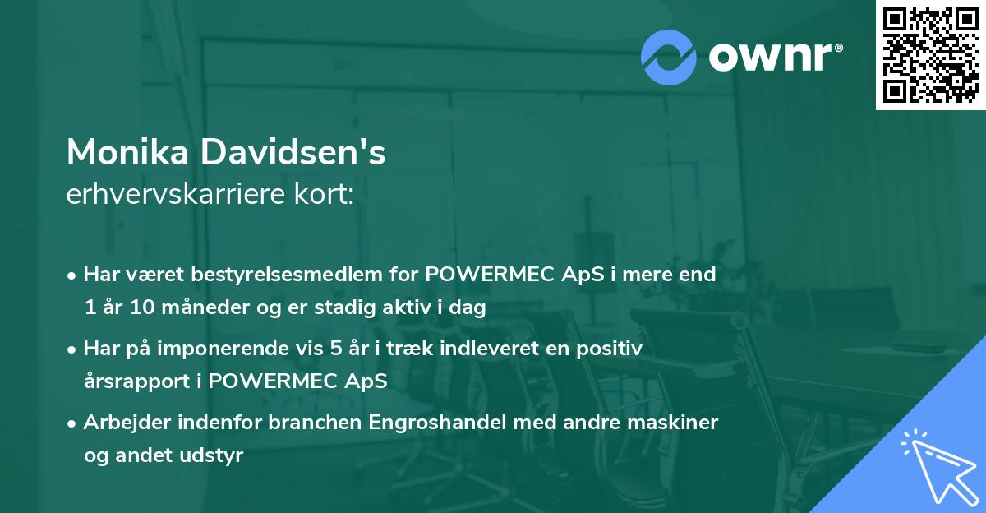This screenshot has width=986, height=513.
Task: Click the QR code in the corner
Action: click(x=930, y=55)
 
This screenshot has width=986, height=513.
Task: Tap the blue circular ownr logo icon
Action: click(x=669, y=57)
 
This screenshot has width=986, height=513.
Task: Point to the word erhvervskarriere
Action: click(x=173, y=195)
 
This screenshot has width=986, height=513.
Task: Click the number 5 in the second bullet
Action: click(x=336, y=349)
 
